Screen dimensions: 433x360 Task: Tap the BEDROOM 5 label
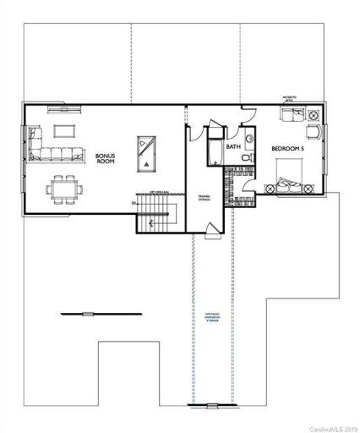tap(286, 149)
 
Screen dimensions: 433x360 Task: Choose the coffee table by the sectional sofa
tap(65, 131)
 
